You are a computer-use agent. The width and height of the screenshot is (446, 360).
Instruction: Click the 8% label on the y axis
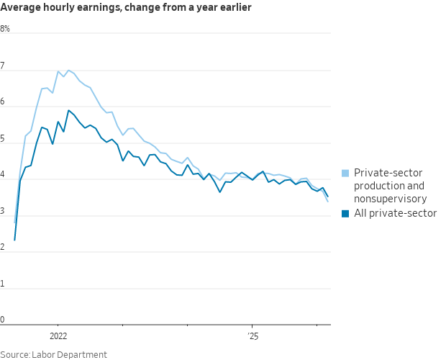[5, 29]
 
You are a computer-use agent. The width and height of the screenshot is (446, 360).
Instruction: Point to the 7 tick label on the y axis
[3, 66]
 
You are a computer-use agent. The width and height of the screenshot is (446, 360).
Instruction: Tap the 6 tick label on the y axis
[3, 102]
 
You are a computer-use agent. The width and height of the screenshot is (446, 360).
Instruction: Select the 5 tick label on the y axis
[3, 139]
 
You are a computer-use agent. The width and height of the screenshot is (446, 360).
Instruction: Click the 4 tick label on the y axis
[3, 175]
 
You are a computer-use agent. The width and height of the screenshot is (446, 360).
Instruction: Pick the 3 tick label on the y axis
[3, 212]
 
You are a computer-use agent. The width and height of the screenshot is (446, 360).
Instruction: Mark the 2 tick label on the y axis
[3, 248]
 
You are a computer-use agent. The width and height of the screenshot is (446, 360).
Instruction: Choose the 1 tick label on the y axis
[3, 284]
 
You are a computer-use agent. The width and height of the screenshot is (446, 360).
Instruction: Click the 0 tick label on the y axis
[3, 320]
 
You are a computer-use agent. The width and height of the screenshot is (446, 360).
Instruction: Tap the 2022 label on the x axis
[58, 336]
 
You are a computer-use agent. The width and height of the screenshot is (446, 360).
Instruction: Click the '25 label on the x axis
[252, 336]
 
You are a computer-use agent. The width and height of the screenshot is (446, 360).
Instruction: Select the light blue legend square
[345, 174]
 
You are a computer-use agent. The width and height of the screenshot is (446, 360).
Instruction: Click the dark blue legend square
[345, 213]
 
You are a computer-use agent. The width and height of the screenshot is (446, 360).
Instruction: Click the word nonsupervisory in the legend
[389, 199]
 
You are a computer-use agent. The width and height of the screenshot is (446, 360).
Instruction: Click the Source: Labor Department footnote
[53, 354]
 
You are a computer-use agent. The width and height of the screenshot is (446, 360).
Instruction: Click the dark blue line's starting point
[14, 240]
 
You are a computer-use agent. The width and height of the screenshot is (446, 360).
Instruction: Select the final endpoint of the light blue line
[328, 202]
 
